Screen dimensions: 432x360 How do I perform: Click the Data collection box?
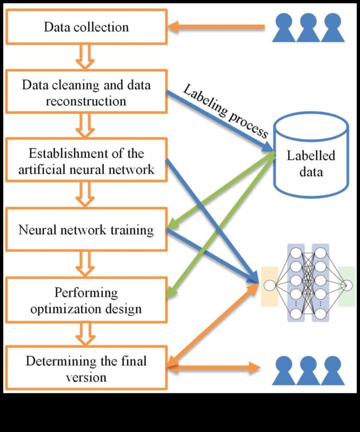(x=86, y=26)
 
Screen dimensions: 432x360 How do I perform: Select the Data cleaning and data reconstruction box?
(x=86, y=93)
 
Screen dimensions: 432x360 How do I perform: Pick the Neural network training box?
(x=86, y=230)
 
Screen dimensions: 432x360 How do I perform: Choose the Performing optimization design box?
(x=86, y=300)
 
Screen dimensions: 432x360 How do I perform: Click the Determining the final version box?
(x=86, y=369)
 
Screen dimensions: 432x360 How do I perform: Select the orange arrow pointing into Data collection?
(x=216, y=26)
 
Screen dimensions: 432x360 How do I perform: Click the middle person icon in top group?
(x=308, y=28)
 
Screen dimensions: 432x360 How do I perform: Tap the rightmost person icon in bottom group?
(x=332, y=370)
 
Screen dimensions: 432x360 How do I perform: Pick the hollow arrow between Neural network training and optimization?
(x=86, y=265)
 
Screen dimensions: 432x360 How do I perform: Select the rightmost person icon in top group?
(x=332, y=28)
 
